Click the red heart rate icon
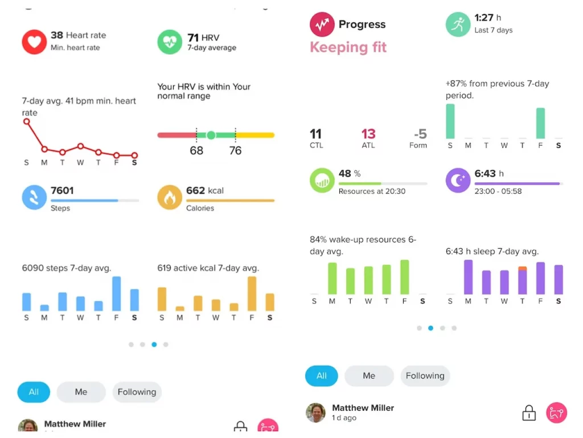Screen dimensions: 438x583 (34, 42)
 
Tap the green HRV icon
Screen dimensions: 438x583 (170, 42)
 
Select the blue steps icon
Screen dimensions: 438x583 (34, 197)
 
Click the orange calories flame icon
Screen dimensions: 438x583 (170, 197)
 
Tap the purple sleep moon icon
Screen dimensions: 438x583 (458, 180)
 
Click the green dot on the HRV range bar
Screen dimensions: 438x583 (211, 135)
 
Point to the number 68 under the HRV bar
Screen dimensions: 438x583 (196, 151)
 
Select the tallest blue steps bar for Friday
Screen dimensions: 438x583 (116, 293)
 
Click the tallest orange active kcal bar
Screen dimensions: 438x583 (252, 293)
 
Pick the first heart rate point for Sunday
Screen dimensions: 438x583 (27, 121)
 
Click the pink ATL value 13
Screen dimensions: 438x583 (368, 134)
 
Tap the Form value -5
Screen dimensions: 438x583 (420, 134)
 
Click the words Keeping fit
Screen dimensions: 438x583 (348, 47)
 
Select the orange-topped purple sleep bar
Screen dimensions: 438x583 (523, 280)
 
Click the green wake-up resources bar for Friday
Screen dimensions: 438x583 (405, 277)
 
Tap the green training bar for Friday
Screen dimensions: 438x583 (540, 123)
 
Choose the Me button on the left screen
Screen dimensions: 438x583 (81, 392)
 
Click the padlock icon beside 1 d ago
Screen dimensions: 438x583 (529, 413)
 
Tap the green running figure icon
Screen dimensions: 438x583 (458, 24)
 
